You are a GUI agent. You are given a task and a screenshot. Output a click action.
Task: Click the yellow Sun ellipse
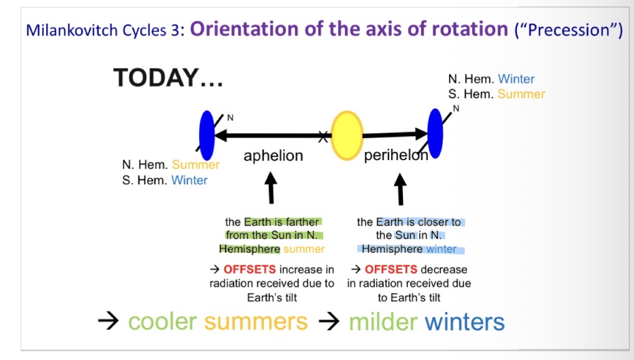tap(346, 136)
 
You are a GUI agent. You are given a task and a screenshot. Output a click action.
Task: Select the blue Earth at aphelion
tap(207, 136)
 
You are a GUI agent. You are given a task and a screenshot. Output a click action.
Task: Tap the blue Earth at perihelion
tap(435, 133)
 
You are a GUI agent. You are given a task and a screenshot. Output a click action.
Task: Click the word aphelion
tap(273, 155)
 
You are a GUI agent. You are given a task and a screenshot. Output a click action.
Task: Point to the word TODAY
tap(156, 78)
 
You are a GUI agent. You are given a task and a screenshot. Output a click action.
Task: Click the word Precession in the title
tap(569, 30)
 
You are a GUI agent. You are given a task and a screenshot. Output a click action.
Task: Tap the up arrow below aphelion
tap(271, 187)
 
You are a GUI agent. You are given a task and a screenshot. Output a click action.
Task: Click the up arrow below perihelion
tap(400, 189)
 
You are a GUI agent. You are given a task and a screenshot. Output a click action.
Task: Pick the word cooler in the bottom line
tap(163, 322)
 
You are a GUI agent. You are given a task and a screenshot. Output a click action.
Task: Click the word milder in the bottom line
tap(383, 322)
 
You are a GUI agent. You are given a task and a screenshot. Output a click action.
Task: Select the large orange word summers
tap(256, 322)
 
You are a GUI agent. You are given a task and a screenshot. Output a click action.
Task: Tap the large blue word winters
tap(465, 322)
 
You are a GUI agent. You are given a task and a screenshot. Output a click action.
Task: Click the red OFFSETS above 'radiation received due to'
tap(250, 270)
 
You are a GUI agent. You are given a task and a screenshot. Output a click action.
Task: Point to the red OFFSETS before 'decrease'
tap(391, 270)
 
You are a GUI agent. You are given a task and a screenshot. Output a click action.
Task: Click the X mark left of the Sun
tap(323, 137)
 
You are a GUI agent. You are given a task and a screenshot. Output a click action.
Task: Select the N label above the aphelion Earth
tap(230, 118)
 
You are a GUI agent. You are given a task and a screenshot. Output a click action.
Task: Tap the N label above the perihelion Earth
tap(456, 108)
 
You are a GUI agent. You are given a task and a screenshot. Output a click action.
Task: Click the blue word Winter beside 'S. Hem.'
tap(189, 180)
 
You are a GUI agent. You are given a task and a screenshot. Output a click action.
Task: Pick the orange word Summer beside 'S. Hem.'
tap(521, 94)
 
